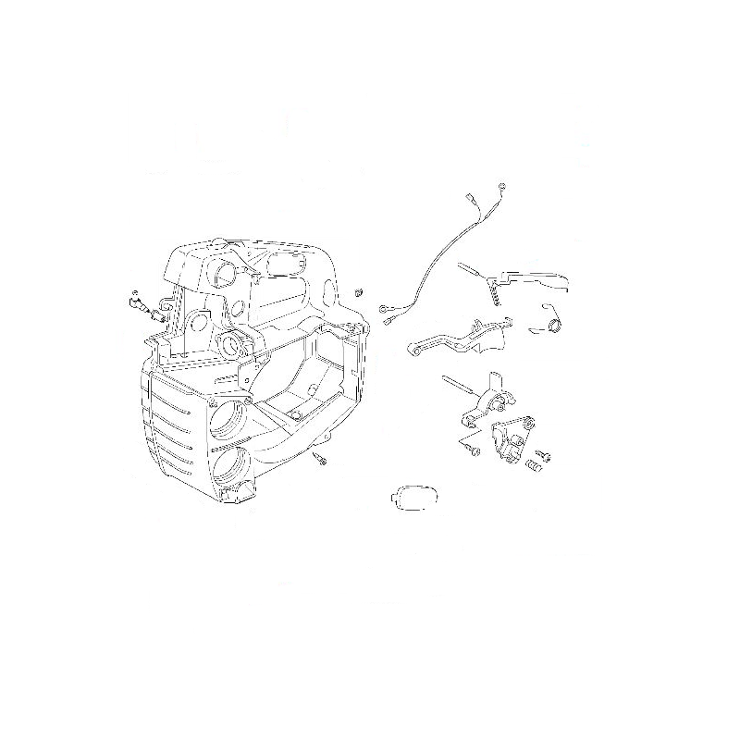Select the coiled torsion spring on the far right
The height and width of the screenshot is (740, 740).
coord(551,323)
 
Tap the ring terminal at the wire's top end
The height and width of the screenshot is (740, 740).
coord(499,188)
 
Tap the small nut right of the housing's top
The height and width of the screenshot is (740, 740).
coord(352,291)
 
